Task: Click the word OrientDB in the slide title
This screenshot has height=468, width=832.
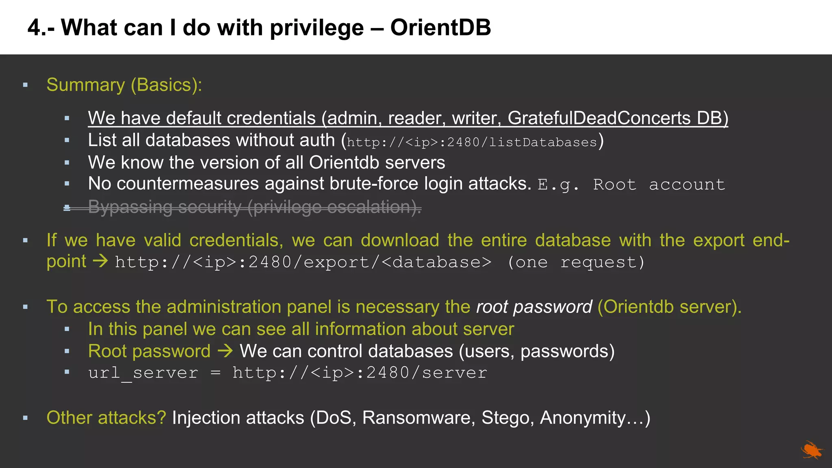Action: (x=440, y=28)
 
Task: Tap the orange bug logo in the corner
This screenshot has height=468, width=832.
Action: (x=811, y=450)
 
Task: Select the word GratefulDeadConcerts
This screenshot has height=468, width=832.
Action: (x=599, y=118)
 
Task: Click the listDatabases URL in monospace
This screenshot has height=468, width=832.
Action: (x=472, y=142)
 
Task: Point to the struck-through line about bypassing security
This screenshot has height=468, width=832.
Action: (x=254, y=207)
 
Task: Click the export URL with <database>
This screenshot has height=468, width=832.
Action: (x=303, y=262)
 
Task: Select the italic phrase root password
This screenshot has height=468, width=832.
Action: (x=534, y=307)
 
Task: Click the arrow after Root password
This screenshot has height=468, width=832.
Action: (x=225, y=351)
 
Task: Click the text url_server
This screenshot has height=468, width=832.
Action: (x=143, y=373)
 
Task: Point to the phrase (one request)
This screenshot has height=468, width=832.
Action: (x=576, y=262)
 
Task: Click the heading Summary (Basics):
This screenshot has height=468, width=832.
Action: (x=124, y=85)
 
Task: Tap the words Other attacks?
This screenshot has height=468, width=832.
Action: (x=106, y=418)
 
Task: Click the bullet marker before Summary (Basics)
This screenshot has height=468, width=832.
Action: (x=26, y=85)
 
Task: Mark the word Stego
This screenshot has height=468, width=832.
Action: (x=507, y=418)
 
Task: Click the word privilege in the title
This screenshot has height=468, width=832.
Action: (x=316, y=28)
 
